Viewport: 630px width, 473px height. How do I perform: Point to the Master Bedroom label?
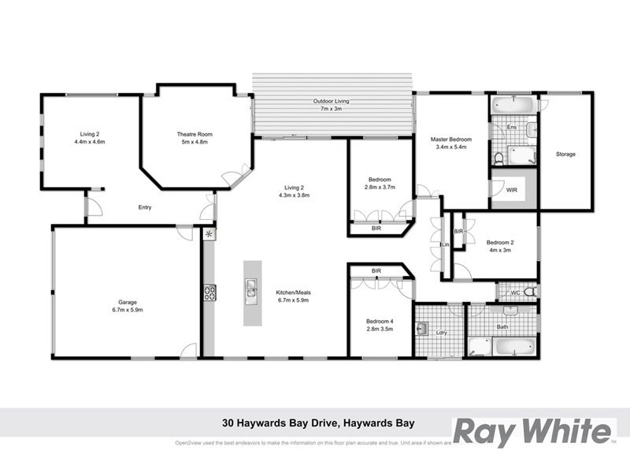pos(450,140)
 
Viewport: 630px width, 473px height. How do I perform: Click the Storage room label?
pos(565,154)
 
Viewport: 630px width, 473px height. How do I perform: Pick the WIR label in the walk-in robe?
pos(512,190)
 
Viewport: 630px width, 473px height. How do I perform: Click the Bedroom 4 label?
pos(379,321)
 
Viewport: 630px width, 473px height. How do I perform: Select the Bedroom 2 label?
pos(499,242)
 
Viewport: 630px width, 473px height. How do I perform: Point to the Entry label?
pos(144,207)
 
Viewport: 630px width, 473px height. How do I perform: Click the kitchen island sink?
pos(251,290)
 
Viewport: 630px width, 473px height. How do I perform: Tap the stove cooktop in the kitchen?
pos(209,292)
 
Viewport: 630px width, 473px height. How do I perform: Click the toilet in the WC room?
pos(531,292)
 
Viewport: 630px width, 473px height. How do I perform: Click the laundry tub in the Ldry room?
pos(422,330)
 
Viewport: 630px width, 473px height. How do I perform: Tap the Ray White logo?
pos(533,431)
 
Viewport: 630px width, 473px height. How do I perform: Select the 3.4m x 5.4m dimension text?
pos(450,147)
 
